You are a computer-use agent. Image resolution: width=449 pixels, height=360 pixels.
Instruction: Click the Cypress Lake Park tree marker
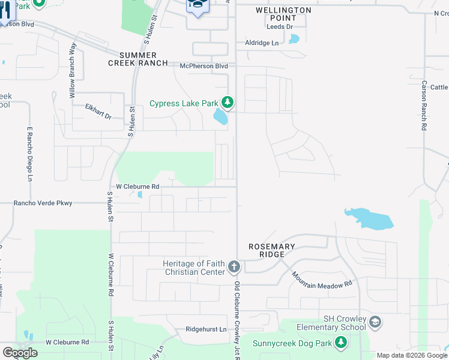click(227, 103)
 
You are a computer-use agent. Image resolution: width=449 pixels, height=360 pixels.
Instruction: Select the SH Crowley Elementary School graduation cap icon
click(375, 322)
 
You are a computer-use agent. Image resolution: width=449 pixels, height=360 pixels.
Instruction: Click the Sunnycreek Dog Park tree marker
click(341, 343)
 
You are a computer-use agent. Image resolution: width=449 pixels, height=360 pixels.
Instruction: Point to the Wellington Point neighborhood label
click(283, 14)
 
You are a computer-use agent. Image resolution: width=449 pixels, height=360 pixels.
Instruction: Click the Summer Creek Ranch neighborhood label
click(133, 59)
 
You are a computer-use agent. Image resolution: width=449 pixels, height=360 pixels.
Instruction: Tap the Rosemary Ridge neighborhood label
click(273, 251)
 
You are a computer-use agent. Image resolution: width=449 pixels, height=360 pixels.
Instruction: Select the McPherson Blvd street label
click(204, 66)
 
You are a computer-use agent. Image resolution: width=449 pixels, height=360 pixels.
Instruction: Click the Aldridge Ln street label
click(262, 43)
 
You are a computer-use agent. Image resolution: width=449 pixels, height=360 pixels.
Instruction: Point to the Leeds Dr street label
click(280, 27)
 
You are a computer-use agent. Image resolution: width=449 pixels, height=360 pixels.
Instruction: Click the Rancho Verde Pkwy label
click(43, 203)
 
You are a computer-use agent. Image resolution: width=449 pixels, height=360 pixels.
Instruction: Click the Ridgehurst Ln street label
click(206, 329)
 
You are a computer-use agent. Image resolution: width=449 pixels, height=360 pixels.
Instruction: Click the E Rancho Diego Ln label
click(28, 154)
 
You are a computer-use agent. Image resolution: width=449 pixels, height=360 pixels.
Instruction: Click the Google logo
click(20, 353)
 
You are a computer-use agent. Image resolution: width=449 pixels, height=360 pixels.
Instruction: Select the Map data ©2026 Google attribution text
click(412, 355)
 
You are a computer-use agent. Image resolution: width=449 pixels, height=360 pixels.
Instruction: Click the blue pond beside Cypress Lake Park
click(221, 116)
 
